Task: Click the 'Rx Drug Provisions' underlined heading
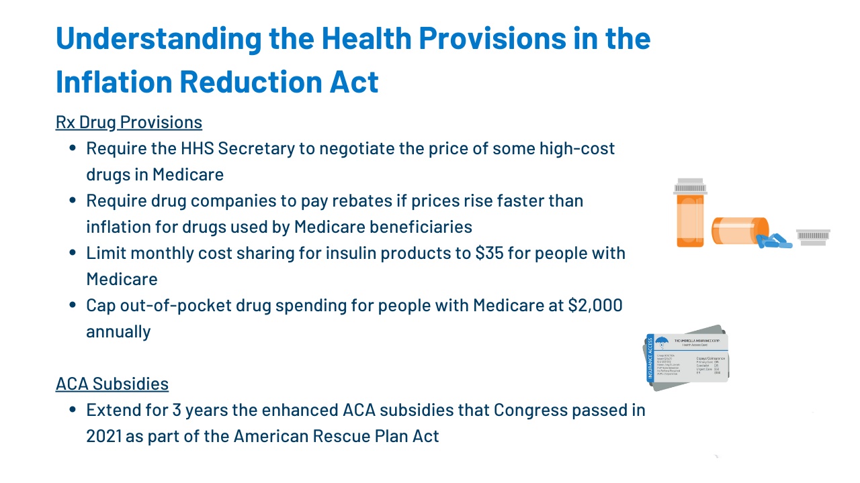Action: [x=128, y=122]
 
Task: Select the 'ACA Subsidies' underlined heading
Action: [x=112, y=384]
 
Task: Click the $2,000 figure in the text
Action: [x=595, y=306]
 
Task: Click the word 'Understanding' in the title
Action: [x=158, y=38]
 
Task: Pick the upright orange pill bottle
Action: [x=690, y=218]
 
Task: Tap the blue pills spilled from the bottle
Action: [x=774, y=240]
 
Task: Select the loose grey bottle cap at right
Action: [x=813, y=237]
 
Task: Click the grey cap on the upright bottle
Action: [x=690, y=186]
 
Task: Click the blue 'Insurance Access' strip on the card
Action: [x=650, y=358]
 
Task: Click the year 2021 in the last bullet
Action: [x=104, y=436]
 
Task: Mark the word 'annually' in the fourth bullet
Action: [x=118, y=331]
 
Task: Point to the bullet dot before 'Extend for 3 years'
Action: [x=73, y=410]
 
